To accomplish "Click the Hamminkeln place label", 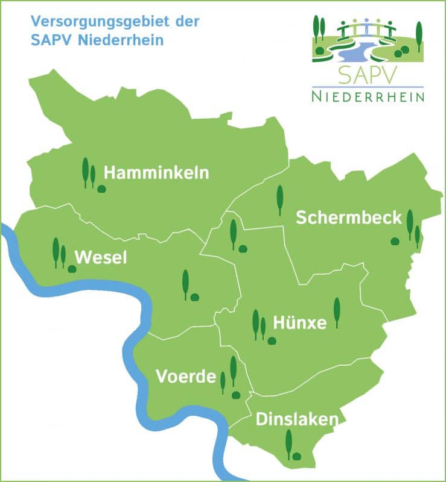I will coord(156,173).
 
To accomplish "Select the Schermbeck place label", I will coord(348,218).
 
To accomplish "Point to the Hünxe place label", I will coord(300,323).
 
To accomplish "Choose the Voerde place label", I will coord(186,377).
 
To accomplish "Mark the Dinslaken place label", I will coord(297,419).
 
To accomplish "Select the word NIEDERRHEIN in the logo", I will coord(368,96).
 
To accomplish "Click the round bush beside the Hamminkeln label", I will coord(102,189).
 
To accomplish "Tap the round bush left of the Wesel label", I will coord(72,269).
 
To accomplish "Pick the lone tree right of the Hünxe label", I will coord(337,312).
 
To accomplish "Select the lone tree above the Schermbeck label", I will coord(279,199).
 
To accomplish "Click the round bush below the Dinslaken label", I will coord(296,456).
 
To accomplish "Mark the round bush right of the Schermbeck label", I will coord(395,241).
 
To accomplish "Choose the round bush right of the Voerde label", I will coord(236,395).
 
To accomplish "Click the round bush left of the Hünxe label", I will coord(272,341).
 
